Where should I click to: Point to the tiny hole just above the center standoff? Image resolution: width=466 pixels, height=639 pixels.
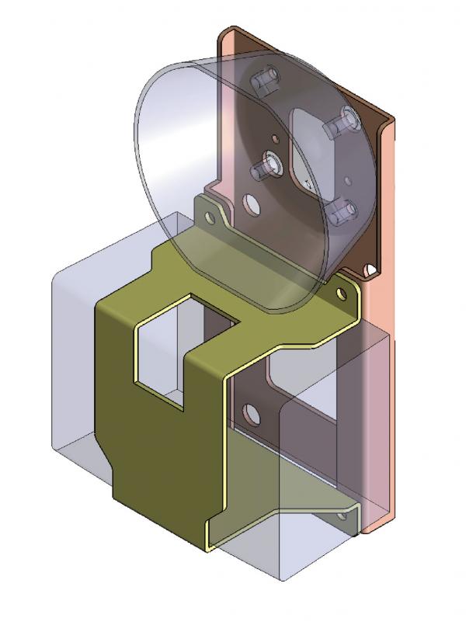pyautogui.click(x=271, y=138)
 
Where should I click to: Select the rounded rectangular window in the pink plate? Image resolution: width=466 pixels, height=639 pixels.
pyautogui.click(x=311, y=148)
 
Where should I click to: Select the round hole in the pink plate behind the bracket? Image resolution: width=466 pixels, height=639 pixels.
pyautogui.click(x=252, y=412)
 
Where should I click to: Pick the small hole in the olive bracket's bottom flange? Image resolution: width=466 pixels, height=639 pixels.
pyautogui.click(x=339, y=516)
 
